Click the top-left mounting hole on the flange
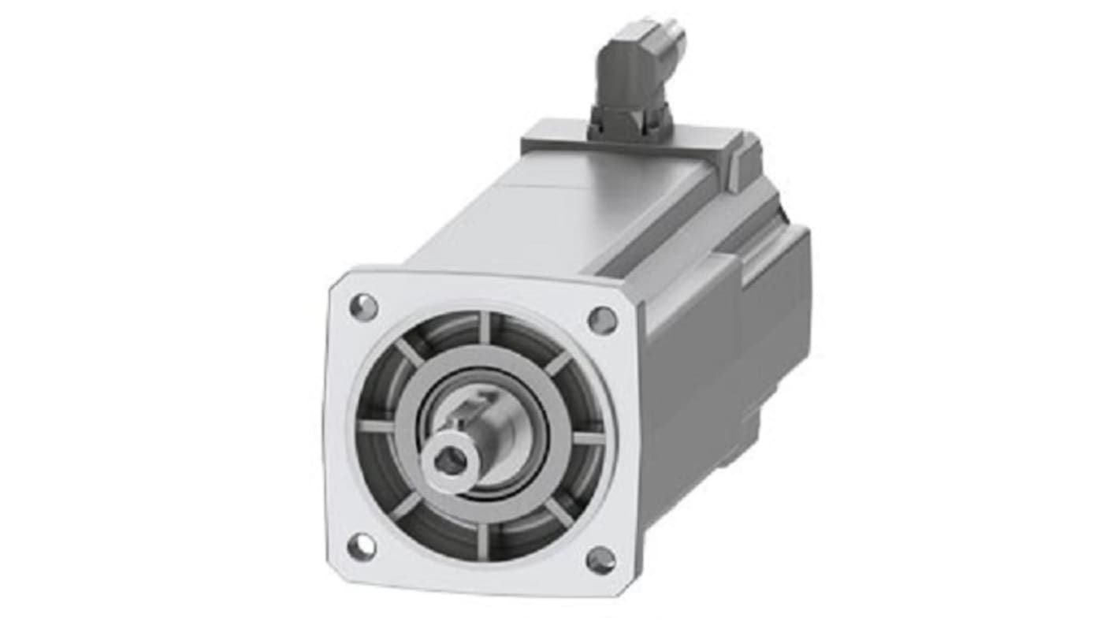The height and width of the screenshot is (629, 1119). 363,307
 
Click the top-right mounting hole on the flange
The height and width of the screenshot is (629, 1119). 603,319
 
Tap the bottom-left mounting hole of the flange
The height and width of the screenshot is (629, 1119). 362,546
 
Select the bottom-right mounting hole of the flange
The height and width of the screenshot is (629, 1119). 601,560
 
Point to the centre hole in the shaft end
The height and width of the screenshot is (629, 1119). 451,460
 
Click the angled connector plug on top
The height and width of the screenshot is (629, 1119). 637,71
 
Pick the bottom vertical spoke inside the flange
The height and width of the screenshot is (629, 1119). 482,540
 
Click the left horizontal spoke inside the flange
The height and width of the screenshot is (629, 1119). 376,426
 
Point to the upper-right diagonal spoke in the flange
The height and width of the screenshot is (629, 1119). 557,363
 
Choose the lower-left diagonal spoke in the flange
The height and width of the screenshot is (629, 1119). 407,505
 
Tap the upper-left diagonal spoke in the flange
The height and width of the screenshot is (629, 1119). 409,354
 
